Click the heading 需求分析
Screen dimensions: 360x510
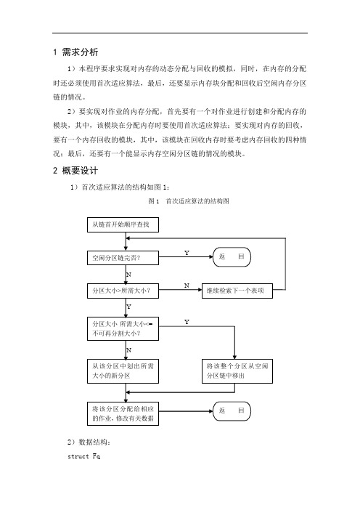click(80, 52)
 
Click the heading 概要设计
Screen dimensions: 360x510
click(80, 171)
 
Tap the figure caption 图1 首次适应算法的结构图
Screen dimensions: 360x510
click(189, 201)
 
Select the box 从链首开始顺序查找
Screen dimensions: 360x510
click(123, 224)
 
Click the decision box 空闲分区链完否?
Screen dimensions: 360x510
click(123, 258)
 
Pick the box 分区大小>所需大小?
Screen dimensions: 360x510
click(123, 291)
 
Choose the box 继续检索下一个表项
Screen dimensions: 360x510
click(237, 291)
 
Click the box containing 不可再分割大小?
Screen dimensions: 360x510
click(123, 328)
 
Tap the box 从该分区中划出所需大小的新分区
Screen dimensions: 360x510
click(123, 371)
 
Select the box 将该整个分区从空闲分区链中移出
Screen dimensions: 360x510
click(237, 371)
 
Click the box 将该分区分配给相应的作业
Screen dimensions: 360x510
click(123, 413)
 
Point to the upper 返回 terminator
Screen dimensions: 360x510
click(232, 257)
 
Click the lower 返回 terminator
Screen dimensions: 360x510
click(232, 410)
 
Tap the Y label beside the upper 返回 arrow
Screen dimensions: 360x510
click(187, 253)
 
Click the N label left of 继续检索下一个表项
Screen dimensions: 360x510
click(187, 286)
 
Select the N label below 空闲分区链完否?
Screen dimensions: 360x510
click(128, 275)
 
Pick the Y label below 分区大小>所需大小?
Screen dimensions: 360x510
click(128, 307)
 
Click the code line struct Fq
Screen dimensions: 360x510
click(83, 456)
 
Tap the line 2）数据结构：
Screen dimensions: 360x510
click(89, 442)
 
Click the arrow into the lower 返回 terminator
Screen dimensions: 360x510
click(186, 411)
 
